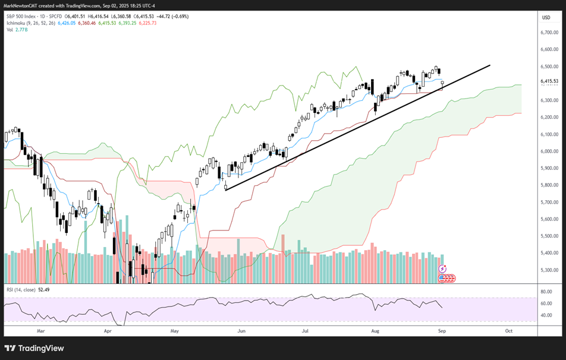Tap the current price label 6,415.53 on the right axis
[x=548, y=81]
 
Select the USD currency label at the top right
[x=546, y=17]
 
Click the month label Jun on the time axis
[x=241, y=329]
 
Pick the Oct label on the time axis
[x=508, y=329]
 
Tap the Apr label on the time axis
[x=108, y=329]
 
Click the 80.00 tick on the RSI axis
[x=546, y=292]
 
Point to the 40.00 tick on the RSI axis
[x=546, y=315]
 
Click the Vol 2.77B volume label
[x=17, y=29]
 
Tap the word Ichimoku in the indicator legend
[x=18, y=23]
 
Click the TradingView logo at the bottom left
[x=34, y=348]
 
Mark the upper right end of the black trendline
[x=490, y=65]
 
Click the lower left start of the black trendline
[x=225, y=190]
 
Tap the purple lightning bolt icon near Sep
[x=442, y=269]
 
